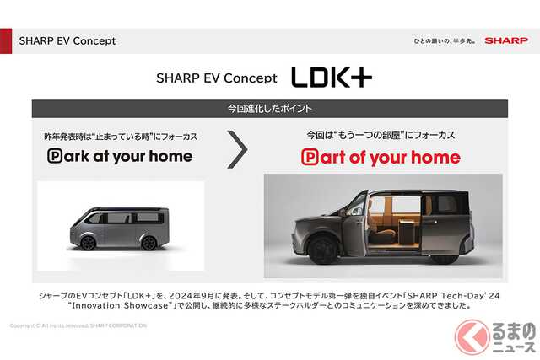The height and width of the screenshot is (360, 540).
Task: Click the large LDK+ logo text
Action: (x=332, y=78)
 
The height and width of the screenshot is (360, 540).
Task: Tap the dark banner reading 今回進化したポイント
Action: (x=270, y=109)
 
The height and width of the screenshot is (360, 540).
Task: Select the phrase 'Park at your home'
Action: (x=120, y=156)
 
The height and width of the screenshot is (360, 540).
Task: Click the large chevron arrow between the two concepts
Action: (x=239, y=148)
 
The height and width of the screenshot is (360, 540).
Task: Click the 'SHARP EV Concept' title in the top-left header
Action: (x=67, y=40)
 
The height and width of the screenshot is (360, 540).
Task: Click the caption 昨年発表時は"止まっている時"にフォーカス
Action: (x=120, y=134)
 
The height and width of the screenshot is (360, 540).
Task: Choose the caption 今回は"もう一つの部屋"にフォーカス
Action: (x=381, y=134)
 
